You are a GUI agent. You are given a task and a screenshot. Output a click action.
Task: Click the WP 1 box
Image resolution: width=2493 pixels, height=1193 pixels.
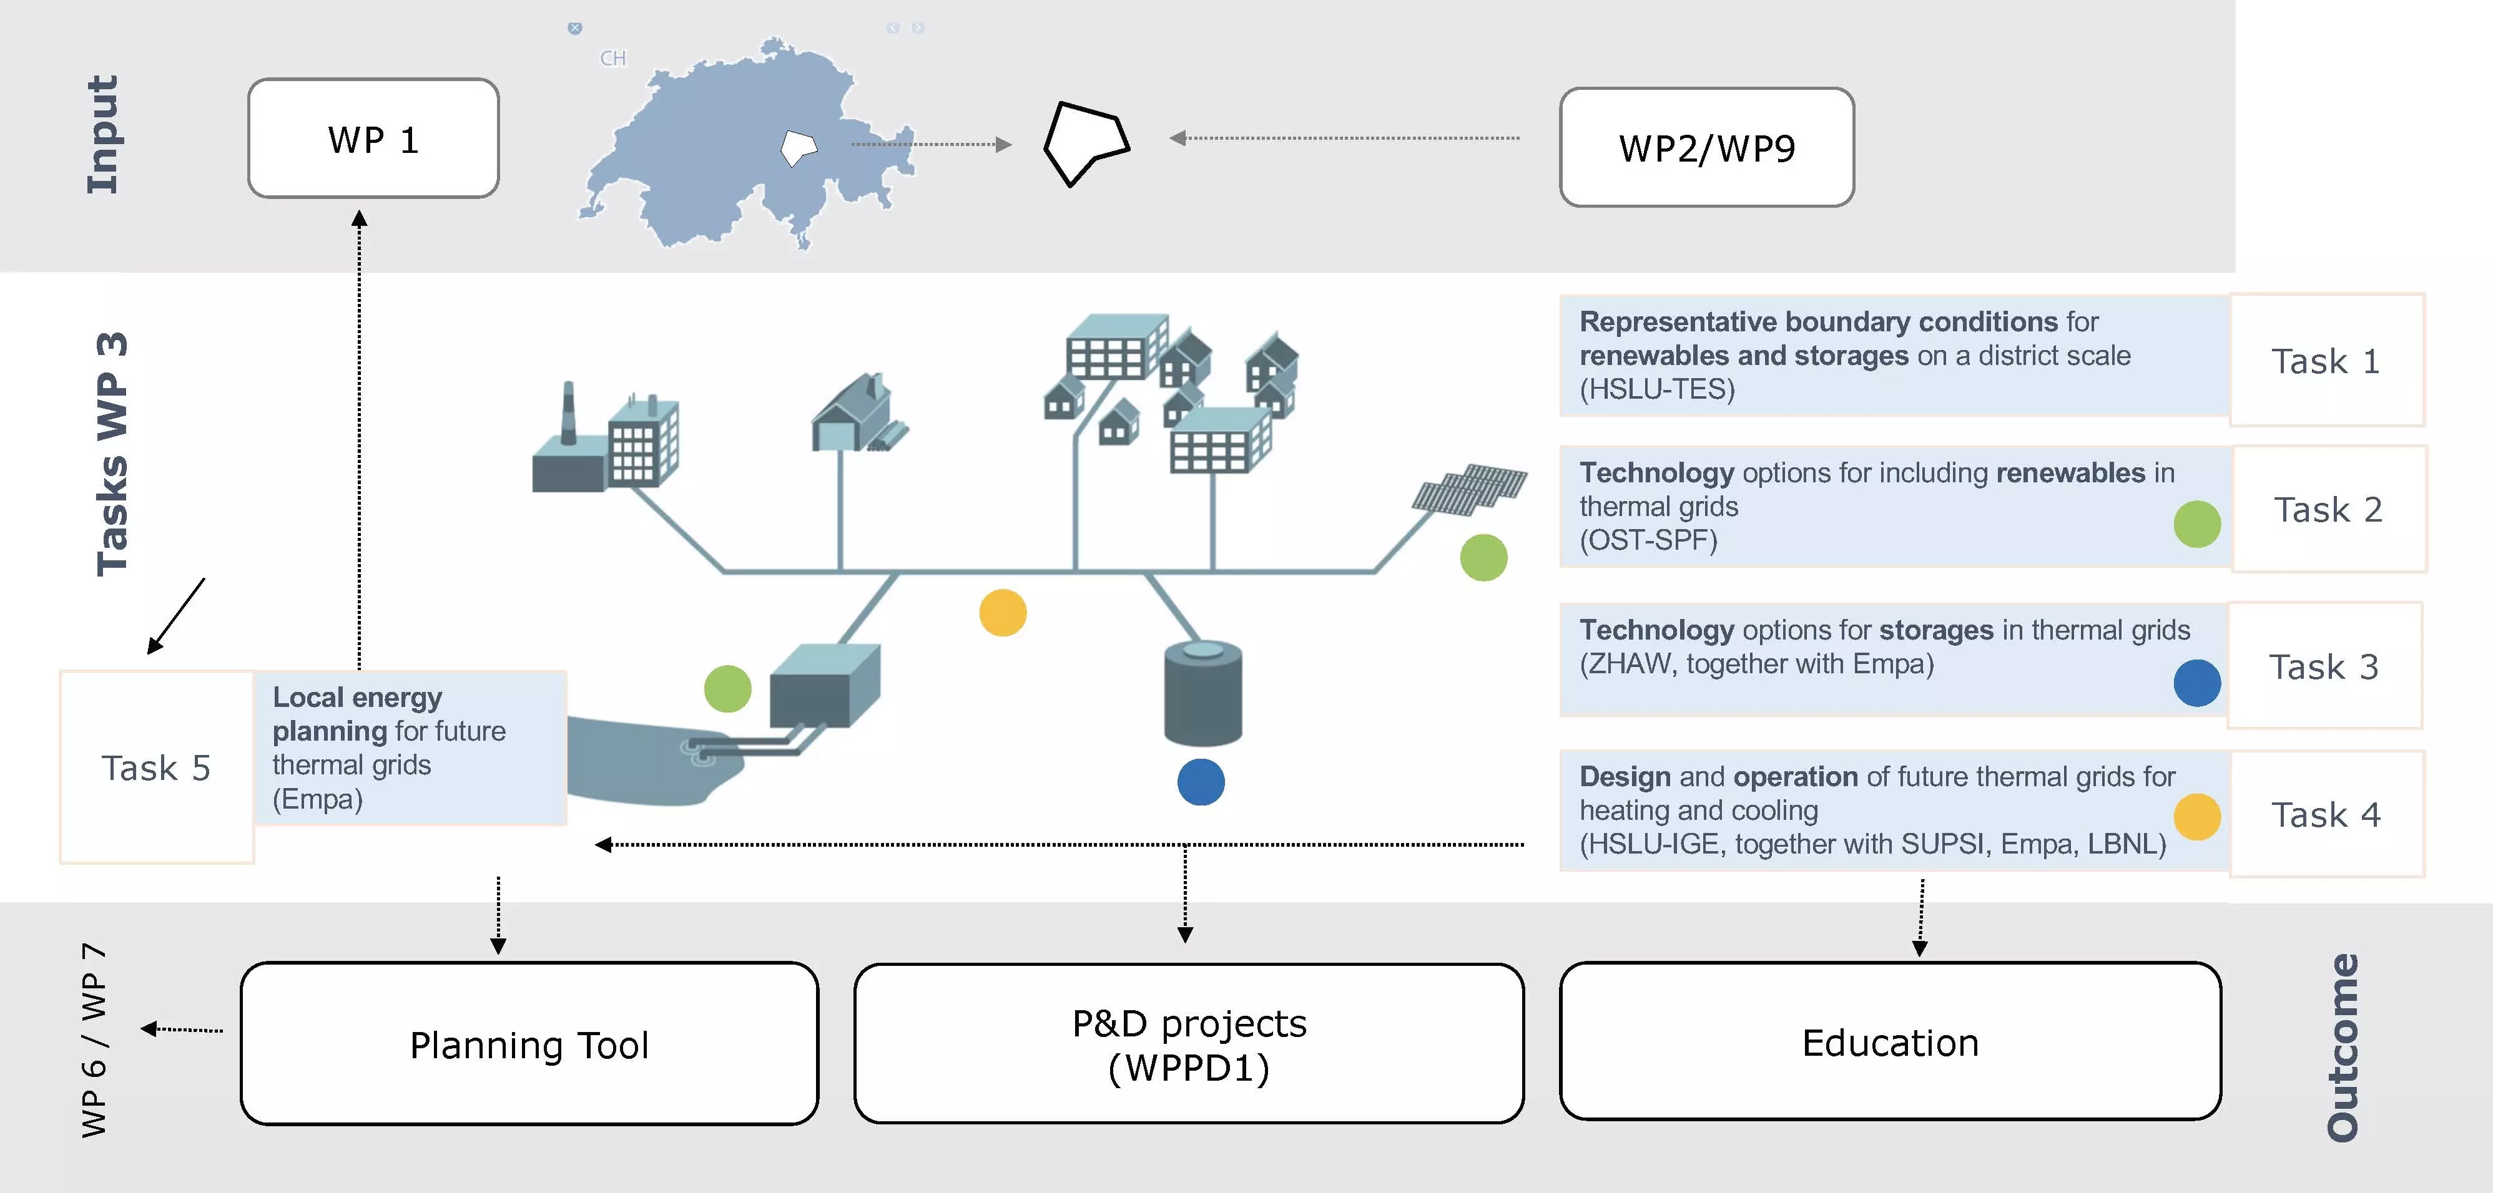(373, 139)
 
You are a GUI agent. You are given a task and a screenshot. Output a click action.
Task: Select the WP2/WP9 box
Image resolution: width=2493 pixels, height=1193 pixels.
(1707, 147)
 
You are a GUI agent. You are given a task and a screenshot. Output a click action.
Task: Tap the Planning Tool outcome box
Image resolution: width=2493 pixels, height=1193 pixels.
(529, 1043)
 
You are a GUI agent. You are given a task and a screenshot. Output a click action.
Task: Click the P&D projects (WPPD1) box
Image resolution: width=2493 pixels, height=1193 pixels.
(1189, 1043)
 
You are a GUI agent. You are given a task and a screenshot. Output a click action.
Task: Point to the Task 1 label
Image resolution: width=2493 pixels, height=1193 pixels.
(2326, 361)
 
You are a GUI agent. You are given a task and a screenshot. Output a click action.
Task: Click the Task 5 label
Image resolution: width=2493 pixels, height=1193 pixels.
(156, 768)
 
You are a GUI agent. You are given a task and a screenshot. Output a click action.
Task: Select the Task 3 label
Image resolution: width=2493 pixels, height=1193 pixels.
(2324, 666)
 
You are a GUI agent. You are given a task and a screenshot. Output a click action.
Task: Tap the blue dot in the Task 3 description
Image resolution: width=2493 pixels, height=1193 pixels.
(2197, 683)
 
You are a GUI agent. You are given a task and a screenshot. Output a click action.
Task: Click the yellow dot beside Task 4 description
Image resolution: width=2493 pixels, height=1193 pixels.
(2197, 817)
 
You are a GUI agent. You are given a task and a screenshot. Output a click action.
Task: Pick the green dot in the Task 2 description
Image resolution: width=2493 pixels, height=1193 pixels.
(2197, 524)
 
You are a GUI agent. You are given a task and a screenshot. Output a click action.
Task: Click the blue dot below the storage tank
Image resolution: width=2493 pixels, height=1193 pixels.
(1201, 782)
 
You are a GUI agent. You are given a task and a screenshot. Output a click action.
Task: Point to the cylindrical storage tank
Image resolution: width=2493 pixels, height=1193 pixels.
(1203, 693)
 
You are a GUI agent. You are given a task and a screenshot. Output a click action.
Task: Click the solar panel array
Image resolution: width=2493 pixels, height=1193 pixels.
(1469, 490)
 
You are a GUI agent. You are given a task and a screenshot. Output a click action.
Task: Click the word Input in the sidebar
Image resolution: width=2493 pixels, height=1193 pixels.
(102, 135)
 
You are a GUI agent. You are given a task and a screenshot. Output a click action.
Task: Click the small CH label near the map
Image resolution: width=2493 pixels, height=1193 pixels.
(612, 58)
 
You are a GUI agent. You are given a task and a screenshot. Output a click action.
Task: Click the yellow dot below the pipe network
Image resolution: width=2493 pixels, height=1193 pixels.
(1003, 613)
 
